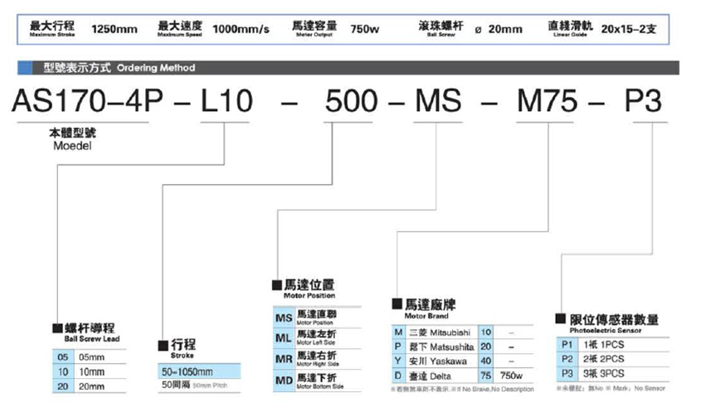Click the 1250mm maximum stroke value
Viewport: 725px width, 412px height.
click(114, 29)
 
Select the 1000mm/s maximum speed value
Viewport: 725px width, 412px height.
click(241, 29)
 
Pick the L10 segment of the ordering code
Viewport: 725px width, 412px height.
click(226, 102)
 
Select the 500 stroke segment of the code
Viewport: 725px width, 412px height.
click(352, 102)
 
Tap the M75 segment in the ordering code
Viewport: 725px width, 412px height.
click(548, 102)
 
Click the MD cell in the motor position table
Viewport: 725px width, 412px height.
click(282, 380)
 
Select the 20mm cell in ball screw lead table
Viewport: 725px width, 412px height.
click(91, 385)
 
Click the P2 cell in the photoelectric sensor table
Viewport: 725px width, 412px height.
click(567, 357)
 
